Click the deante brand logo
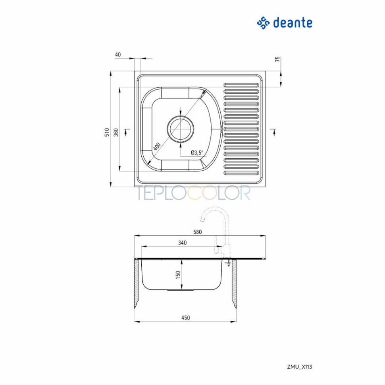285,23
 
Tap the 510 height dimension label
107,132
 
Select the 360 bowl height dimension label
116,132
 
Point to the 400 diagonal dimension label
157,146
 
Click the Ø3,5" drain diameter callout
197,153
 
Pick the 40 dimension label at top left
118,54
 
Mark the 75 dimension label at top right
277,59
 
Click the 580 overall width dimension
197,232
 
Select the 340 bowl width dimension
182,243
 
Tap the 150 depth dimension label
178,275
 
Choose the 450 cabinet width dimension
185,318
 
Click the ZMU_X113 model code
300,367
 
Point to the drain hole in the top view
181,129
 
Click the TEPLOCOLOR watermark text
193,193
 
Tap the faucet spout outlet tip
202,219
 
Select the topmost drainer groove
241,85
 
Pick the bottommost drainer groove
241,173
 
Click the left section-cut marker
127,132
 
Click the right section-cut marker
273,132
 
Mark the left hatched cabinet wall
136,284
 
